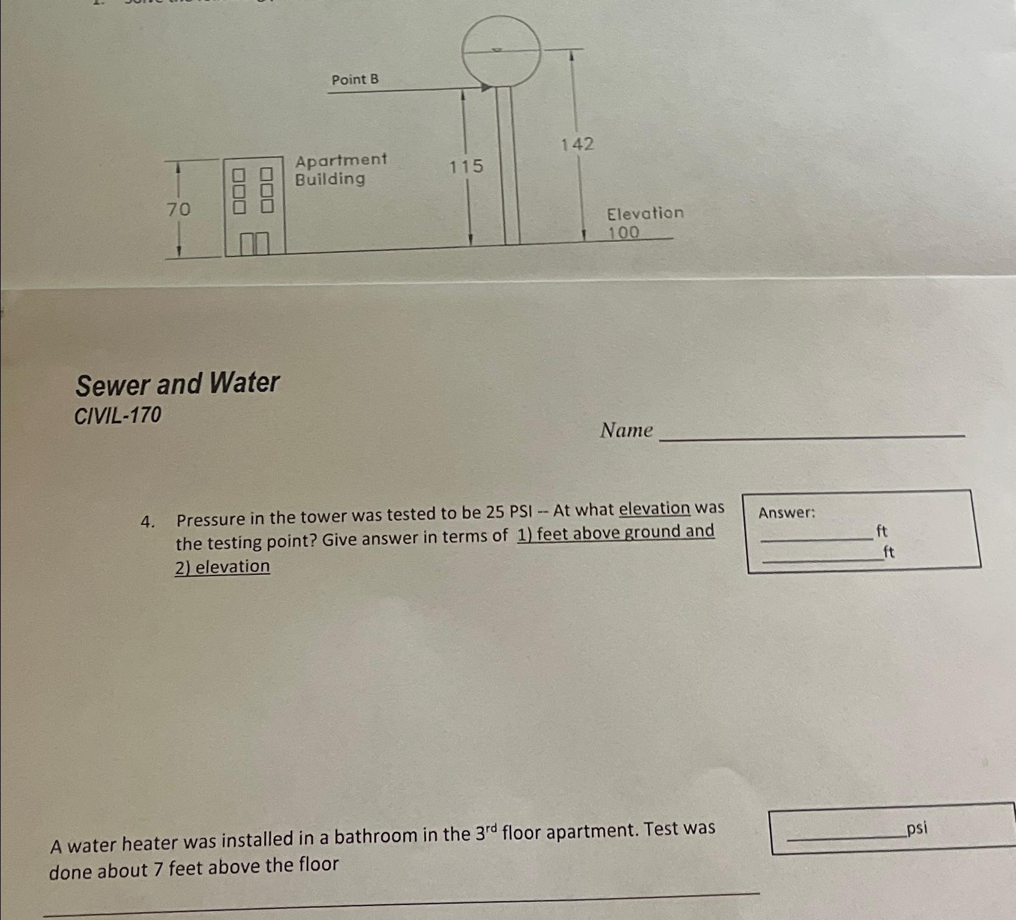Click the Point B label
click(355, 80)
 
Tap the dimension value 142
click(577, 145)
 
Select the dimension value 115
click(466, 166)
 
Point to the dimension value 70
click(179, 210)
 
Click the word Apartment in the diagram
click(341, 160)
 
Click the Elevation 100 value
click(624, 233)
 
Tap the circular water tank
click(501, 51)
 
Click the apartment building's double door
click(254, 244)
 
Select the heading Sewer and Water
click(177, 384)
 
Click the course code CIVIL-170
click(118, 416)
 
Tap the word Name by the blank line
click(626, 431)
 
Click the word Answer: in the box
click(787, 513)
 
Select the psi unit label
click(916, 828)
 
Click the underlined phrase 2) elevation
click(222, 566)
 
